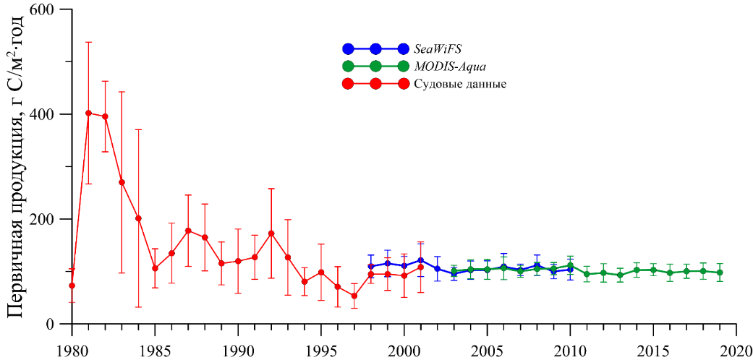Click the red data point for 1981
pos(88,113)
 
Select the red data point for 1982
pos(105,116)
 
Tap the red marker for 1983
pos(122,182)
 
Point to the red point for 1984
pos(138,218)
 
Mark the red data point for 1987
pos(188,231)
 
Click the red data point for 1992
pos(271,233)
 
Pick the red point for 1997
pos(354,296)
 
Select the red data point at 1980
pos(72,286)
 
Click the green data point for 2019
pos(719,273)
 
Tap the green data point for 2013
pos(620,275)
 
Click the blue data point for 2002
pos(437,269)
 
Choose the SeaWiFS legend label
pos(438,49)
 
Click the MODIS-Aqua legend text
pos(450,67)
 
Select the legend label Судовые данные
pos(460,84)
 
